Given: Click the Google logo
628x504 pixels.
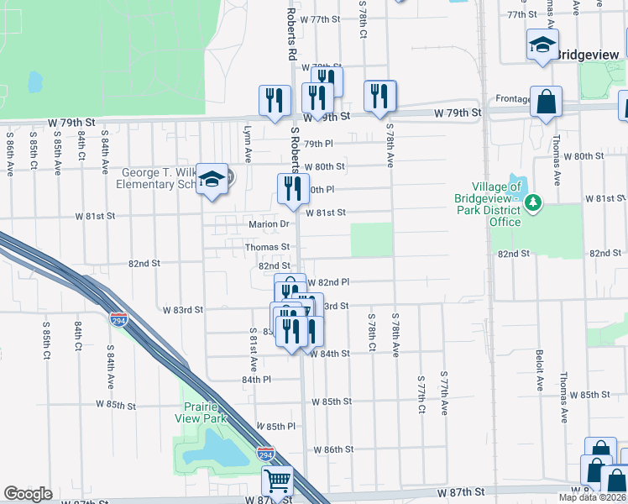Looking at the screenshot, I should (28, 494).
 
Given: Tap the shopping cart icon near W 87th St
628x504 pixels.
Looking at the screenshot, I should (277, 481).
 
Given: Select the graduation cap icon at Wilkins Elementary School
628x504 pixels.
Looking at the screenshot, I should (212, 178).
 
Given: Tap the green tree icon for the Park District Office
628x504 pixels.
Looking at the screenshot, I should (531, 202).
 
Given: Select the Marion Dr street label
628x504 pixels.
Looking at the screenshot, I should (269, 224).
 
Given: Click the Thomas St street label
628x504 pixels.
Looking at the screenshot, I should (267, 247).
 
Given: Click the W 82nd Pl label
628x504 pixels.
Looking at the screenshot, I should (328, 282).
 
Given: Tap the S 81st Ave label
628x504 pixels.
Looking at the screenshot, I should (253, 352).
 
